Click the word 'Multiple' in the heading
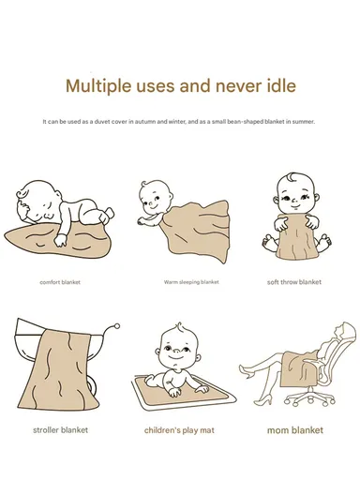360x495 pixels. click(97, 86)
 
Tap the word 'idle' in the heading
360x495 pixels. click(281, 85)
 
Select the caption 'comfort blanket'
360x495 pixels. click(60, 282)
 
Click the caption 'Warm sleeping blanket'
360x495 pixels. click(191, 282)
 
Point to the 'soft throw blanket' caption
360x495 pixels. click(294, 282)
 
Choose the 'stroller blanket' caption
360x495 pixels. click(60, 430)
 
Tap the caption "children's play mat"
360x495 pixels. click(179, 430)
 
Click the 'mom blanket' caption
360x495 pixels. click(295, 430)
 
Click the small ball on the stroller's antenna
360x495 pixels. click(117, 326)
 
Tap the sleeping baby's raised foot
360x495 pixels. click(109, 214)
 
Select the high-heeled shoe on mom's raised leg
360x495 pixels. click(246, 371)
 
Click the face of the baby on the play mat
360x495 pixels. click(177, 351)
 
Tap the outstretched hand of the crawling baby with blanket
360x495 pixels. click(142, 221)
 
